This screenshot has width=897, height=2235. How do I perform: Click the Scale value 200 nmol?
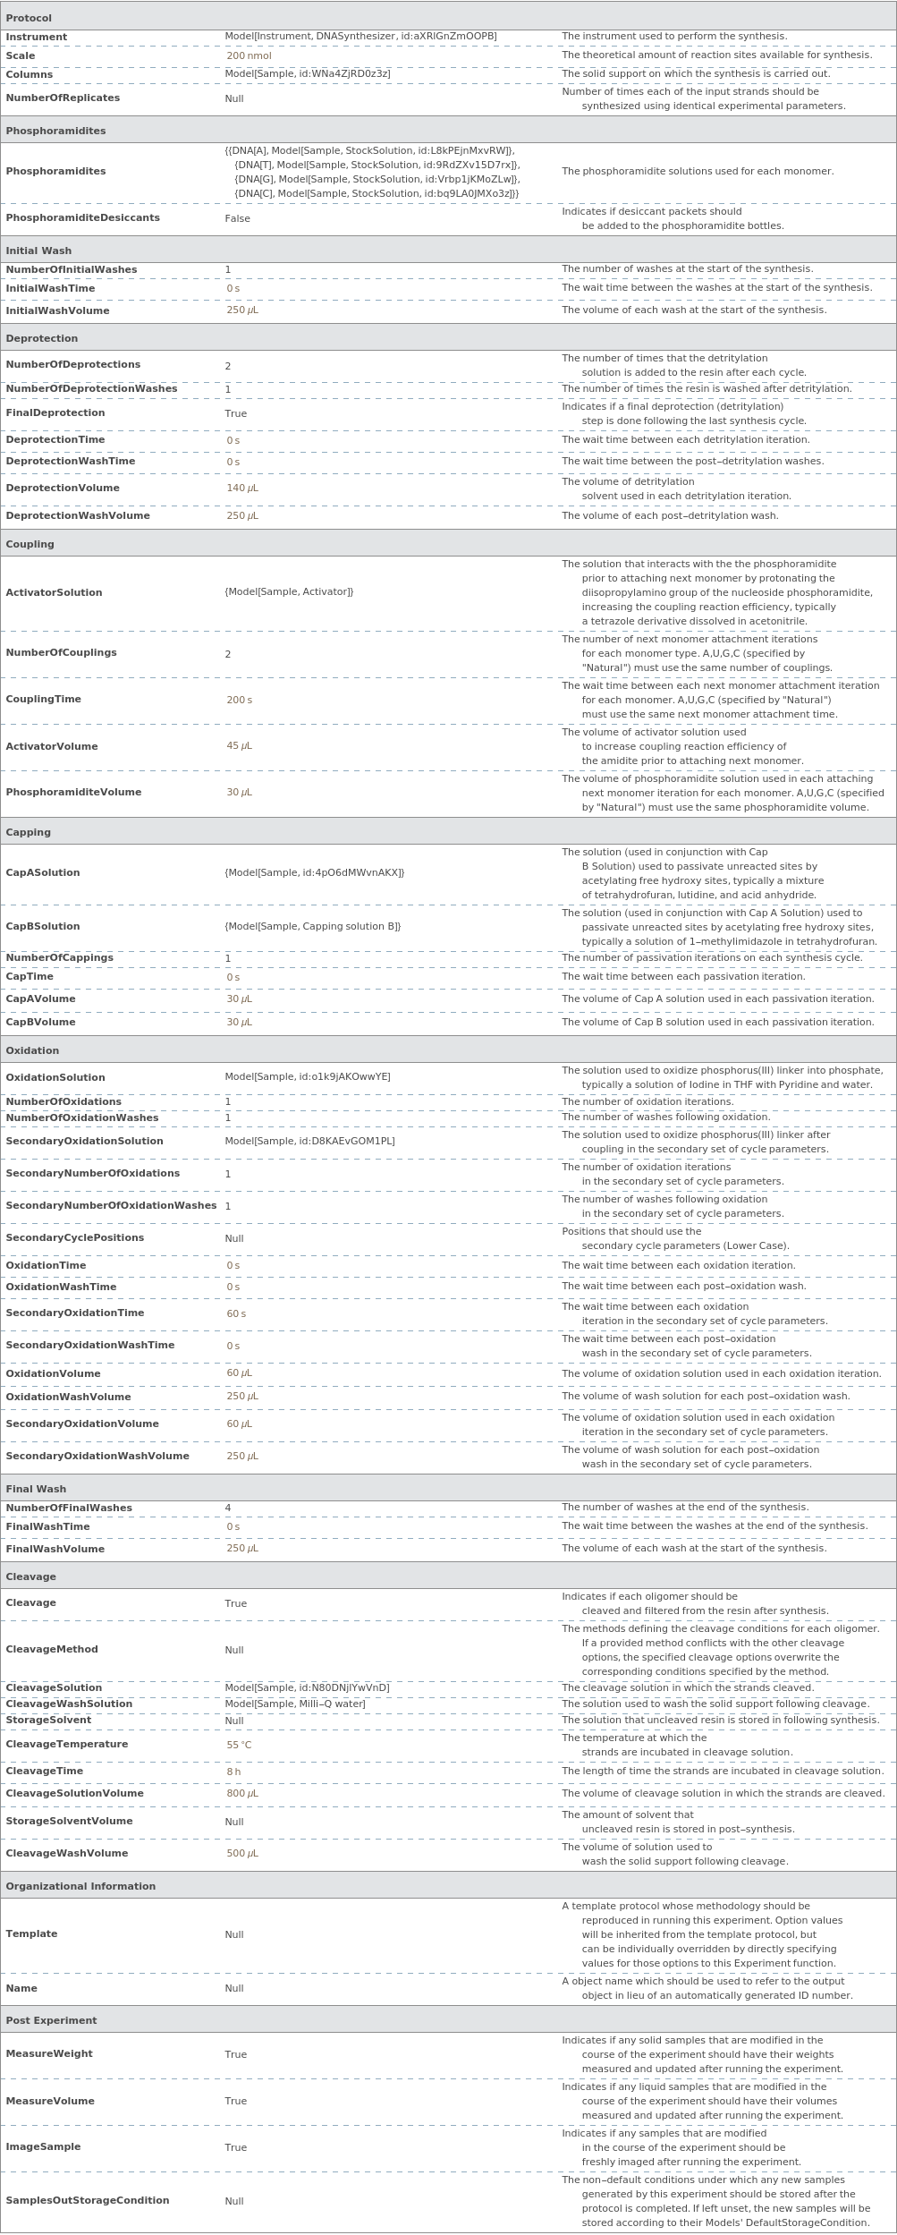click(249, 55)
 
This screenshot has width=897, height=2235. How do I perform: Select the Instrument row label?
click(37, 37)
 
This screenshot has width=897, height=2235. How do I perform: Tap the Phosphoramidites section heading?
click(55, 131)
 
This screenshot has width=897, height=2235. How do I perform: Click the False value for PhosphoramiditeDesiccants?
click(237, 218)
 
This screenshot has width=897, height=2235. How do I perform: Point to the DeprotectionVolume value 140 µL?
click(241, 488)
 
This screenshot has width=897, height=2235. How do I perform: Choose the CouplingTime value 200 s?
click(239, 700)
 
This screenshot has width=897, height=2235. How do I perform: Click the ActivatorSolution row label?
click(54, 592)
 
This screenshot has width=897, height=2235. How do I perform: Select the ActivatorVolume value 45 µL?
click(239, 746)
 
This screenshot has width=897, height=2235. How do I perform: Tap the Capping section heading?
click(28, 832)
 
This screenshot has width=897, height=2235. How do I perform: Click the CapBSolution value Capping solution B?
click(312, 926)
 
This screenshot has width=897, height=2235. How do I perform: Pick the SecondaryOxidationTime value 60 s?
click(235, 1313)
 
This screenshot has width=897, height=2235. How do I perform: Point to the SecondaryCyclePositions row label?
click(74, 1237)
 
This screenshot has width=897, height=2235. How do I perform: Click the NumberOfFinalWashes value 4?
click(228, 1508)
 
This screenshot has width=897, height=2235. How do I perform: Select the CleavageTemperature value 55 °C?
click(239, 1745)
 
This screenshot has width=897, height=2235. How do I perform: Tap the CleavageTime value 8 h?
click(233, 1772)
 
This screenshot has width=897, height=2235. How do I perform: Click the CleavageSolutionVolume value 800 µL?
click(241, 1793)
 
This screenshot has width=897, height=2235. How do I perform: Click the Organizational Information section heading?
click(80, 1886)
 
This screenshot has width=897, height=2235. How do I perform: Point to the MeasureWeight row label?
click(49, 2053)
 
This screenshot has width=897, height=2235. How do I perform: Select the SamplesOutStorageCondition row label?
click(88, 2200)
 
